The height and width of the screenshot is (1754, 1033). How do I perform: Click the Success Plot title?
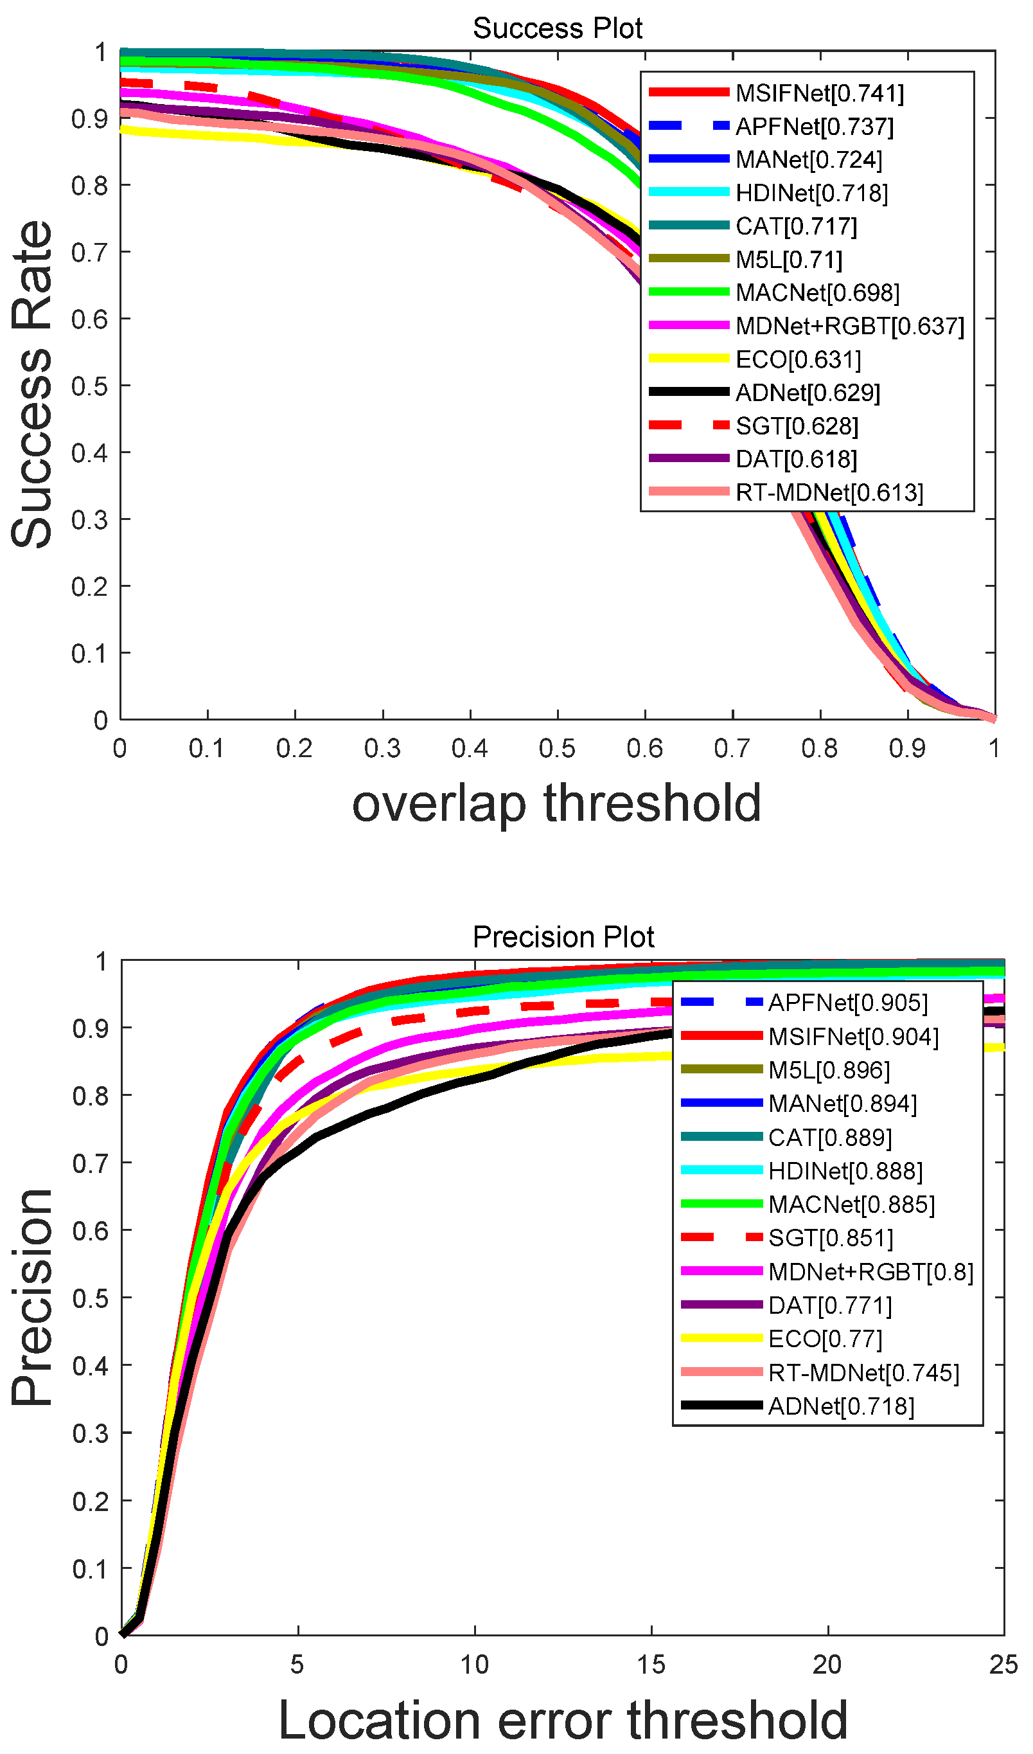click(x=557, y=28)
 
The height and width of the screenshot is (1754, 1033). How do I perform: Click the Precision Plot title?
click(x=563, y=937)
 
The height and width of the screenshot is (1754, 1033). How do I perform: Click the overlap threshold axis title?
click(x=556, y=803)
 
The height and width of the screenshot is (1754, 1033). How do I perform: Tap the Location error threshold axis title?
click(x=563, y=1720)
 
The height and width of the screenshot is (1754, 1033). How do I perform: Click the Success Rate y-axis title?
click(x=32, y=384)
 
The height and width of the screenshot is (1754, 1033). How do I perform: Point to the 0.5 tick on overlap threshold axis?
click(x=557, y=749)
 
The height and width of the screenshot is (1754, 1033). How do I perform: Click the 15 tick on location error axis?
click(x=651, y=1665)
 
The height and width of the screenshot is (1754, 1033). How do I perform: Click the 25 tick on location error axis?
click(x=1003, y=1665)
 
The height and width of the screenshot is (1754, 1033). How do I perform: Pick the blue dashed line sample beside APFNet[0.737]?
click(x=689, y=126)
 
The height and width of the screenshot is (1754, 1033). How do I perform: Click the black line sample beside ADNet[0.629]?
click(x=689, y=392)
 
